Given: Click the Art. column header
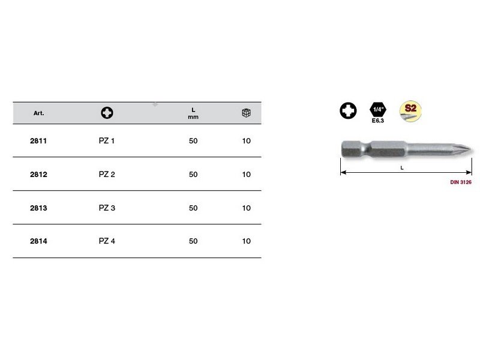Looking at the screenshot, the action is (38, 113).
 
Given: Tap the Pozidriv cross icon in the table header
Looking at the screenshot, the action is (107, 113).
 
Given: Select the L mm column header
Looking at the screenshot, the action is (193, 113).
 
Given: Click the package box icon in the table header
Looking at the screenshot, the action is (246, 113).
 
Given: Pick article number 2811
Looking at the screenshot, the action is (38, 141).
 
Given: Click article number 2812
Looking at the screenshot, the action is (38, 175).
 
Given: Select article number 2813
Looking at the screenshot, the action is (38, 208).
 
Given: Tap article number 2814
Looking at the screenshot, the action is (38, 241).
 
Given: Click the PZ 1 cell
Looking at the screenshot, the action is (107, 141).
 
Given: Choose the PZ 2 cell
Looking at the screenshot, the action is (107, 175).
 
